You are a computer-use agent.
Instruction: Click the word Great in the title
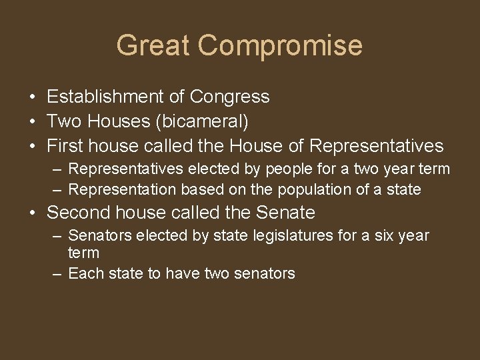153,45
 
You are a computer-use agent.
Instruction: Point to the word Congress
230,97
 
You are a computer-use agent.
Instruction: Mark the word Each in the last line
84,273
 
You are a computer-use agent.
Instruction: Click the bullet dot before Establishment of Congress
32,97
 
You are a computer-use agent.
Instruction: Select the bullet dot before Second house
32,213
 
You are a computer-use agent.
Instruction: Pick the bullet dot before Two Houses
32,121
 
